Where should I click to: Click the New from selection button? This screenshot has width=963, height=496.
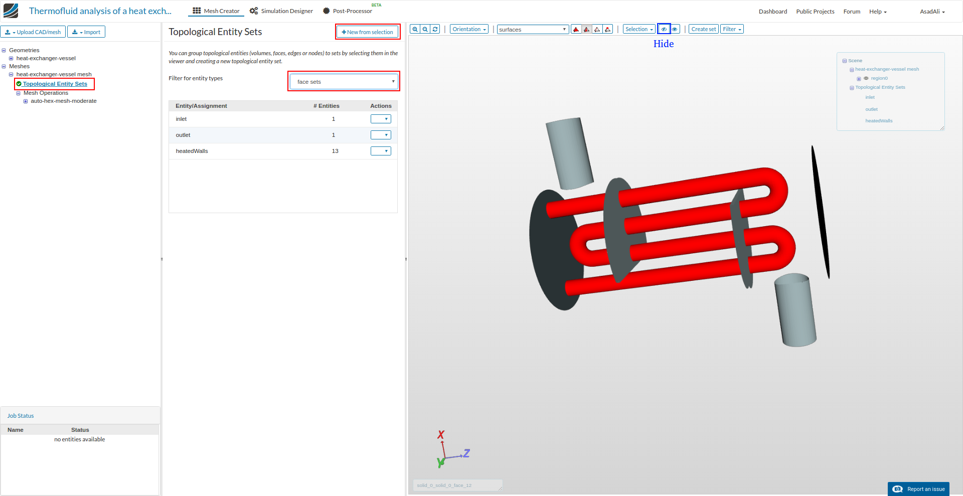368,32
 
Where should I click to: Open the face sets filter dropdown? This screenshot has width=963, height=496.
344,82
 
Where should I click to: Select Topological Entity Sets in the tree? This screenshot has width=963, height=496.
55,84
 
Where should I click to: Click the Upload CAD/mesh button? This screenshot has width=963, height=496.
34,32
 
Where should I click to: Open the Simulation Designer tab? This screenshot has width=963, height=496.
281,11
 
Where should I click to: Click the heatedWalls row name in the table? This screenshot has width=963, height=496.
192,151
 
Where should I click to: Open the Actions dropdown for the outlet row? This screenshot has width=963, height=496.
381,135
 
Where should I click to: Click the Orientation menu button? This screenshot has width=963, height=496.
469,29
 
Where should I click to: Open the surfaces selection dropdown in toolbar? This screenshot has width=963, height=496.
533,30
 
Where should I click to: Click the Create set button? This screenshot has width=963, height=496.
703,29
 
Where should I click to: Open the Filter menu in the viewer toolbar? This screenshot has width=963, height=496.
732,29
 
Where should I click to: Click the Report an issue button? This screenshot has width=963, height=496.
919,489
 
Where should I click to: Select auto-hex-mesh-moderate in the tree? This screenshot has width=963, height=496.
64,101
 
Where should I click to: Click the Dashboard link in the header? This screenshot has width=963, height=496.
772,12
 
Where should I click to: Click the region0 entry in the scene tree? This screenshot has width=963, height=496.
879,78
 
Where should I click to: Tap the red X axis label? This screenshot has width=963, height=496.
441,435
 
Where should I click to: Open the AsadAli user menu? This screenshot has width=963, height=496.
932,12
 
